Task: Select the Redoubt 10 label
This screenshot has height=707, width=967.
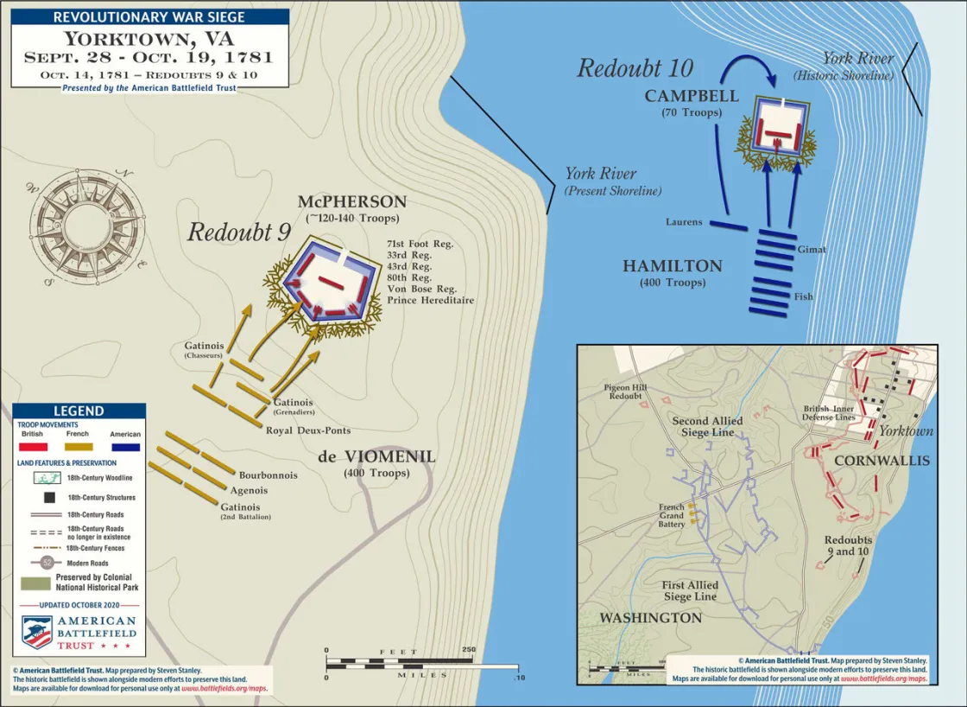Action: click(635, 68)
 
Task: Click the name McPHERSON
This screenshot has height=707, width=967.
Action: click(352, 202)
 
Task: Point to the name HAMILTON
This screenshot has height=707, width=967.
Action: click(672, 267)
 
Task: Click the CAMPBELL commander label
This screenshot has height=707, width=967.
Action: click(692, 96)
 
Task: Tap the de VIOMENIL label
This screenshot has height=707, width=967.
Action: click(376, 457)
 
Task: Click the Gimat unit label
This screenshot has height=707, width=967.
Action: click(812, 250)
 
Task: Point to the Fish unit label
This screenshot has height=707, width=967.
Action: click(803, 296)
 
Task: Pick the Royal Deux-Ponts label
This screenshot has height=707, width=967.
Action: click(307, 430)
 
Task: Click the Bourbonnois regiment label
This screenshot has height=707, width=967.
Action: click(269, 475)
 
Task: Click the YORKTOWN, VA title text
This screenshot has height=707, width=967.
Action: click(149, 39)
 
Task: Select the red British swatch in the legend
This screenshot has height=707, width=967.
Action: click(33, 447)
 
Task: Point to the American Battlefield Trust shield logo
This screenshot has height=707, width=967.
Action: click(37, 632)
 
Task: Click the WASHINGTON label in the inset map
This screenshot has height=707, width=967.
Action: click(651, 618)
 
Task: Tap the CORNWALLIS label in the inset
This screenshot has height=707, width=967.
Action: click(882, 461)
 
